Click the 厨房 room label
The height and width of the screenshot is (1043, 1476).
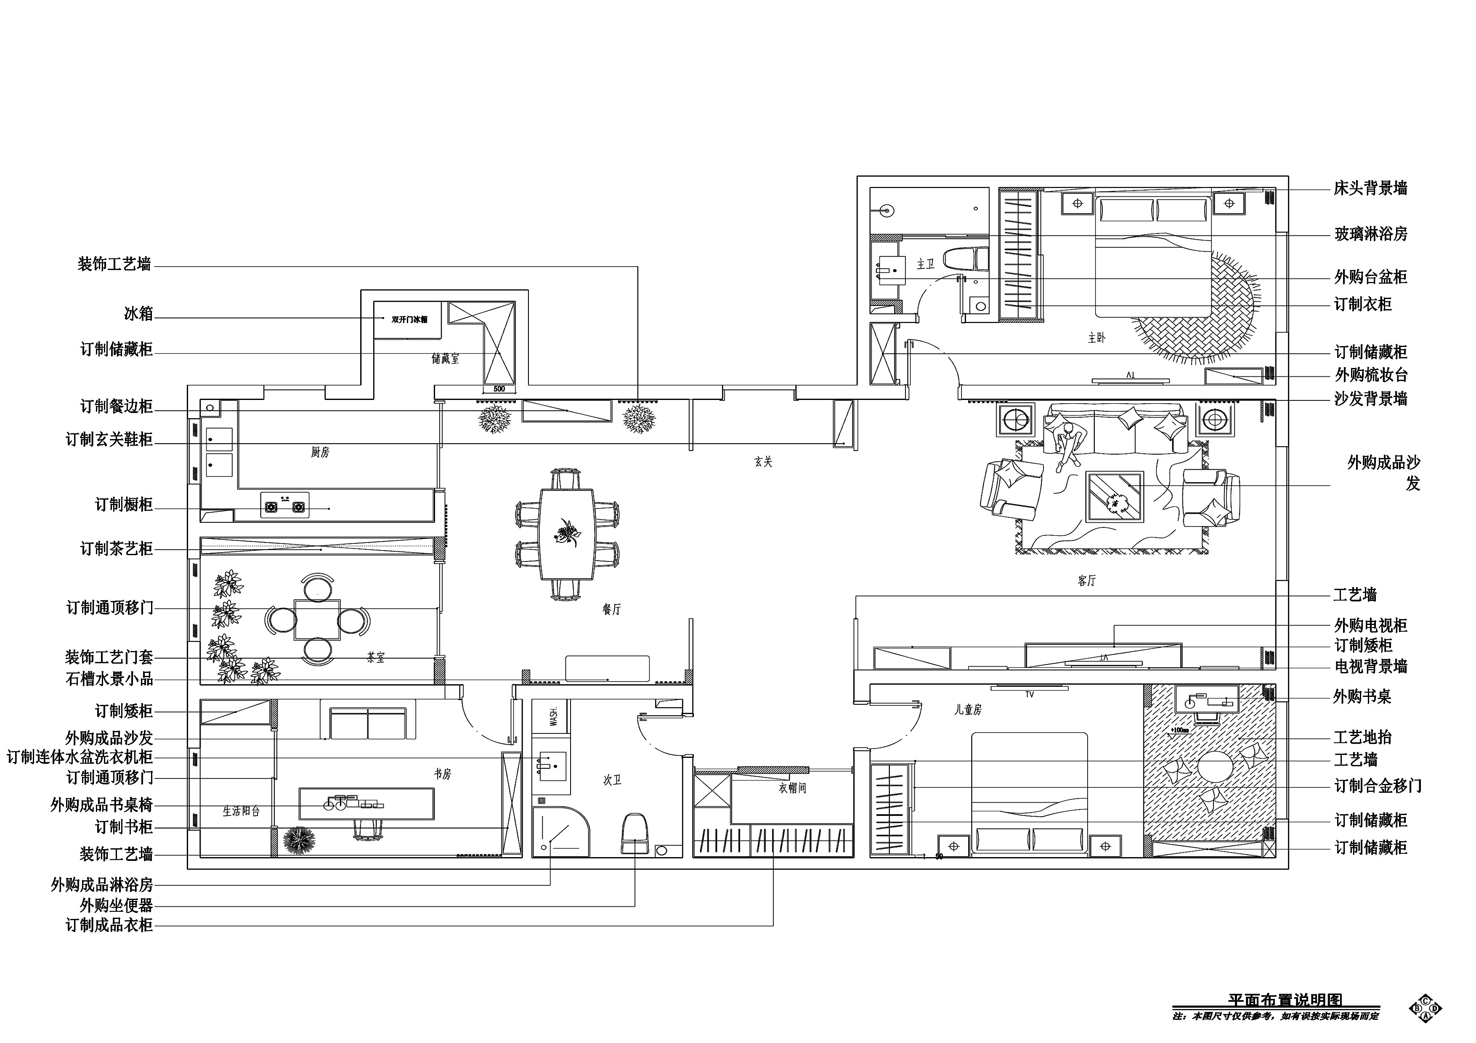[x=319, y=453]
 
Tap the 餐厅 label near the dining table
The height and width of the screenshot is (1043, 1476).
[x=611, y=609]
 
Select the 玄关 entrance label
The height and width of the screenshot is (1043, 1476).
[x=763, y=461]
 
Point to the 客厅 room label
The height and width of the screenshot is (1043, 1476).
[x=1086, y=581]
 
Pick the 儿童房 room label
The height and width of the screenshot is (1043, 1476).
[x=968, y=710]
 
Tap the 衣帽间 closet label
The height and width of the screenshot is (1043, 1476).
[x=792, y=788]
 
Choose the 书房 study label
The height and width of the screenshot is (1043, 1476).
[x=442, y=774]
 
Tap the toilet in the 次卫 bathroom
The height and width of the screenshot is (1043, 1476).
[x=634, y=834]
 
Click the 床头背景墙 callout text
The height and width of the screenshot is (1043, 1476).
[x=1370, y=189]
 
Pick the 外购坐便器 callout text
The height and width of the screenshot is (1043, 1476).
[x=117, y=905]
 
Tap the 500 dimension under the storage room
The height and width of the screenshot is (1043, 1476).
[x=499, y=389]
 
